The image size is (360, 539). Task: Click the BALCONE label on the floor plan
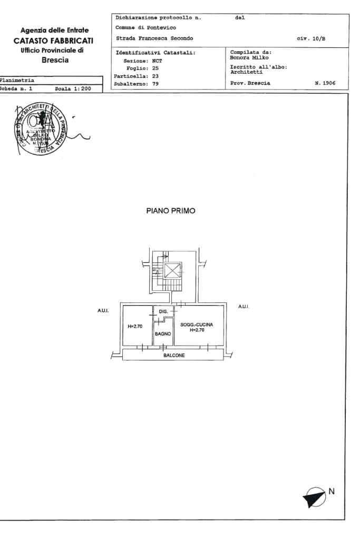[x=174, y=355]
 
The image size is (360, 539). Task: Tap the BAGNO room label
[x=162, y=334]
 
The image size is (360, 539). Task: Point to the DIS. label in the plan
[x=163, y=312]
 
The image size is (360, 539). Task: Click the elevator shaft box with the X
[x=173, y=271]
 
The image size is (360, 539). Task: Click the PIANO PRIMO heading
[x=171, y=211]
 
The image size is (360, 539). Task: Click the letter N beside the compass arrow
[x=331, y=491]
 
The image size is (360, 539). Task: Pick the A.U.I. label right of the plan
[x=243, y=307]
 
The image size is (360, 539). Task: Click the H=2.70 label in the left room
[x=135, y=326]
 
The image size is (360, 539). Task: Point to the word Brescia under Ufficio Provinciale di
[x=55, y=60]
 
